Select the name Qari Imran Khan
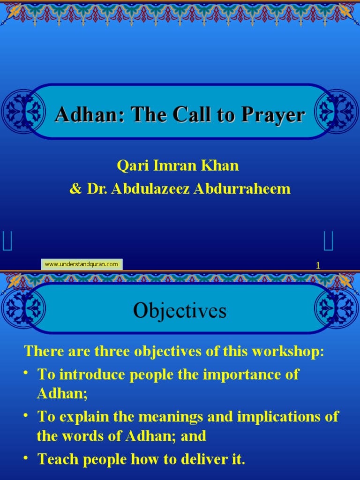coord(178,165)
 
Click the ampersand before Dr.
coord(75,189)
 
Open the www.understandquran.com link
coord(82,264)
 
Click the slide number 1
coord(318,266)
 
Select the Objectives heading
coord(180,310)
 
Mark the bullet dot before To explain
coord(28,415)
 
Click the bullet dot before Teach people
coord(28,457)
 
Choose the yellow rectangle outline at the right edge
coord(329,241)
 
